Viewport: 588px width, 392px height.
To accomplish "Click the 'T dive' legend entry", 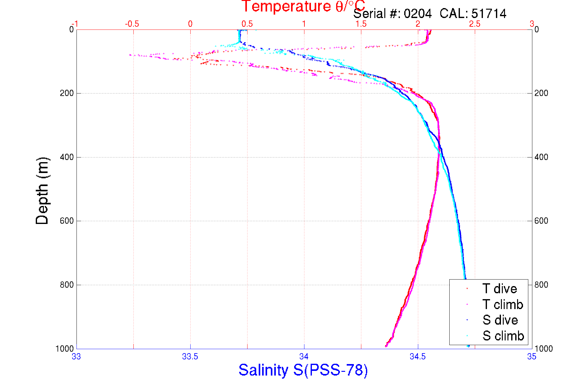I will click(499, 289).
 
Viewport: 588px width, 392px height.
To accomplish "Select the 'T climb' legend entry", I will click(502, 304).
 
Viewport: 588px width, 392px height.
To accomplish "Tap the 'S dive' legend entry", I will click(500, 320).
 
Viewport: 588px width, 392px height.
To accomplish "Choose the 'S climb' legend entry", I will click(503, 336).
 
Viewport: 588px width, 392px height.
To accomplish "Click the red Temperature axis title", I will click(303, 6).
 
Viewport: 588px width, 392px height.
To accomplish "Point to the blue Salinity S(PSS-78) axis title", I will click(303, 370).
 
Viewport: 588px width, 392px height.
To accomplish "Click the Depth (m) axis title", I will click(42, 191).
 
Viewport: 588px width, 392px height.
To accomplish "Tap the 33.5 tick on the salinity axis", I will click(190, 357).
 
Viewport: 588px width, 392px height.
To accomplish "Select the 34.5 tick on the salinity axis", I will click(418, 357).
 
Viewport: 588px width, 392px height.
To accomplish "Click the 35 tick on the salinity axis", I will click(532, 357).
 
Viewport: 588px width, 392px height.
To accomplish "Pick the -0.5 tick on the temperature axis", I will click(132, 24).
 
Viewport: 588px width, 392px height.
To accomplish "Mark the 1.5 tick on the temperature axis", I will click(361, 24).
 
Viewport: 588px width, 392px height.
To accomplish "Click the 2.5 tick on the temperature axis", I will click(475, 24).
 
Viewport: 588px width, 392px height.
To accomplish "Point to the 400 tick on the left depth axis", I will click(67, 157).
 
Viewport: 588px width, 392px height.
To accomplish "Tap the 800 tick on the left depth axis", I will click(67, 285).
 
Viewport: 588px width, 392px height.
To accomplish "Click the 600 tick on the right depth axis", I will click(541, 221).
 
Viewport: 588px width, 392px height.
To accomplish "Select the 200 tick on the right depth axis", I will click(541, 93).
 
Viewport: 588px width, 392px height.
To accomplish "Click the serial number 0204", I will click(418, 14).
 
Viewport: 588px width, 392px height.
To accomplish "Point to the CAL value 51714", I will click(489, 14).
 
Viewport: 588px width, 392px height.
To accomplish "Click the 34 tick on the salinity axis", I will click(304, 357).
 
